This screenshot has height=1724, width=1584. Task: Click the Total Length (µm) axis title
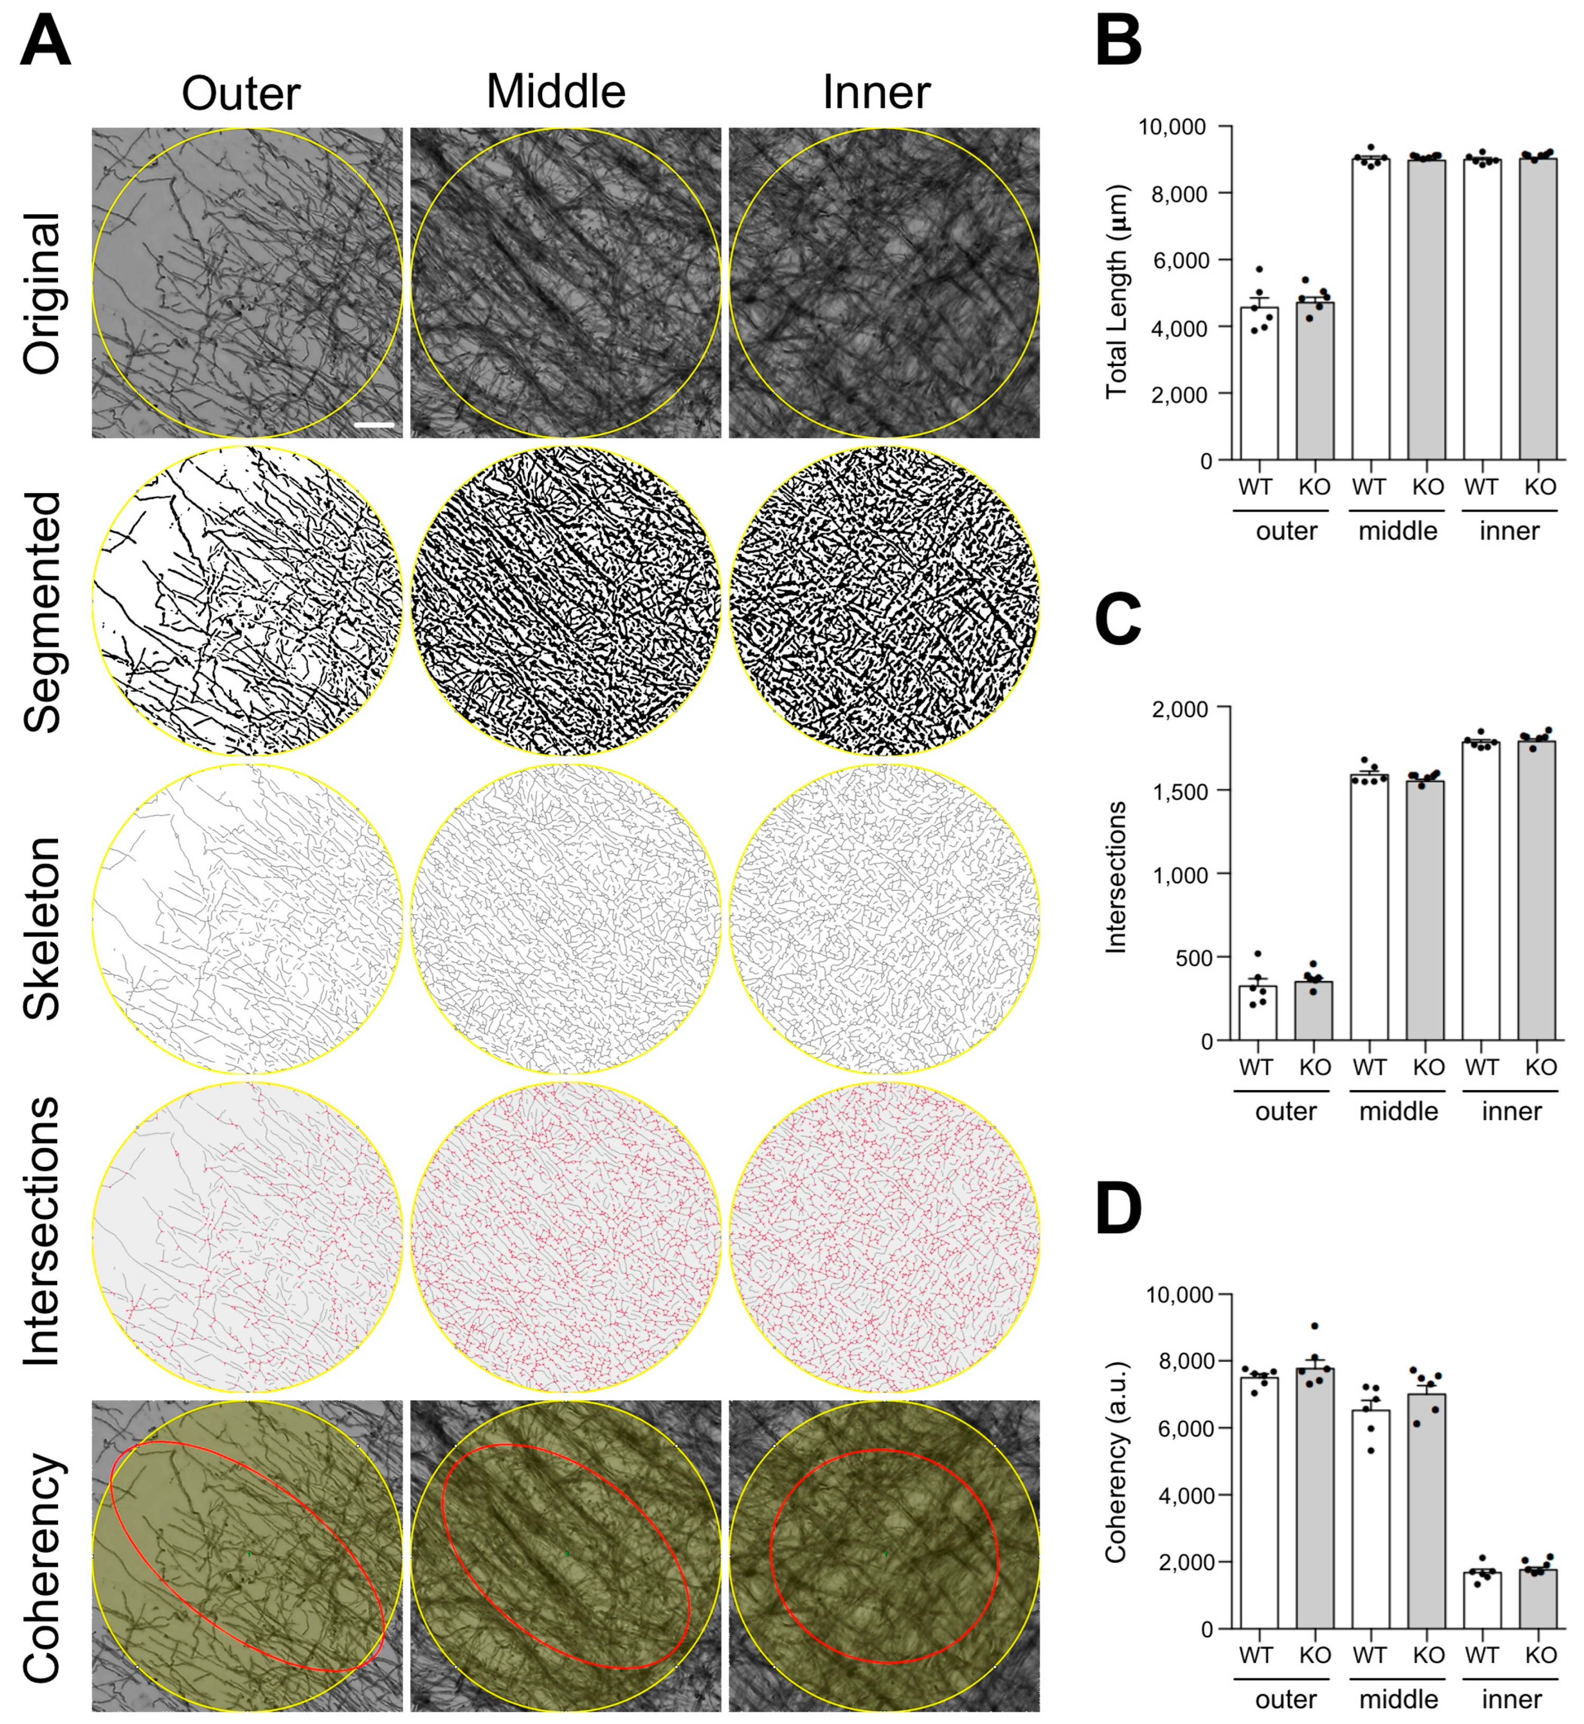(1116, 291)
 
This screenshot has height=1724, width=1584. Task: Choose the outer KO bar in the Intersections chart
(1314, 1011)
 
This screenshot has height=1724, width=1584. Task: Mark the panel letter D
(1119, 1208)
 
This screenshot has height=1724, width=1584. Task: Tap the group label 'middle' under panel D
(1398, 1699)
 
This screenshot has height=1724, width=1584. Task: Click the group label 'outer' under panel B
(1286, 531)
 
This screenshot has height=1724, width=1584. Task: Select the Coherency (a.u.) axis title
(1116, 1463)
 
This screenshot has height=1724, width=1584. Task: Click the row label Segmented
(43, 612)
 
